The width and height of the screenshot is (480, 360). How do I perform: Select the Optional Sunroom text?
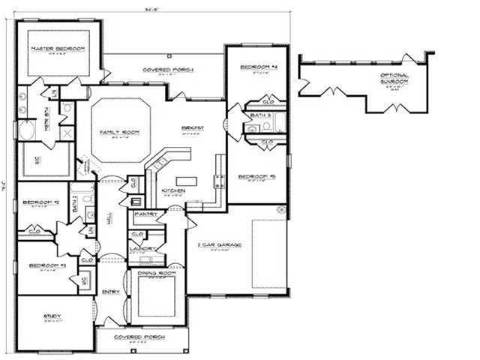[394, 79]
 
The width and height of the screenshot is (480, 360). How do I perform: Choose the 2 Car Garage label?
[218, 244]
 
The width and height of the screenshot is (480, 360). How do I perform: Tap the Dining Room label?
[156, 274]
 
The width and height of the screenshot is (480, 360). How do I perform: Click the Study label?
[53, 316]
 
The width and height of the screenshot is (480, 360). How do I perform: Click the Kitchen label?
[173, 190]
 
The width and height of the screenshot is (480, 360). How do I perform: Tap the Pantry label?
[144, 214]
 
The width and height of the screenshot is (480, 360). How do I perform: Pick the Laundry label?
[142, 248]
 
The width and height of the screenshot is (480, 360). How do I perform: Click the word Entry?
[111, 292]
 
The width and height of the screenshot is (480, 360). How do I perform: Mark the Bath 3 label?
[260, 115]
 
